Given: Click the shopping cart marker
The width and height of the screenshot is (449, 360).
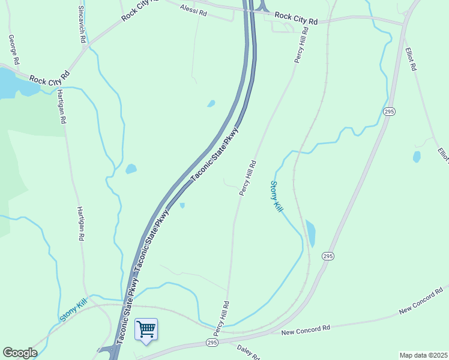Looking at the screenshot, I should (146, 329).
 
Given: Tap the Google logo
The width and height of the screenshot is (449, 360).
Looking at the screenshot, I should (20, 353).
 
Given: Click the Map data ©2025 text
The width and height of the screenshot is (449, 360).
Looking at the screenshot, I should (423, 355).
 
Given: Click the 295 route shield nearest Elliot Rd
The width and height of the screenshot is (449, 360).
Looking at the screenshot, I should (389, 112).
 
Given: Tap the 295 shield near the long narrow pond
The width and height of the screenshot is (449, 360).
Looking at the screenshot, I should (327, 255).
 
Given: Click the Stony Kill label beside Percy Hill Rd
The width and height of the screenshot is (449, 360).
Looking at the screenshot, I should (276, 196).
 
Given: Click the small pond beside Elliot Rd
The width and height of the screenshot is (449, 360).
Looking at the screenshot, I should (417, 157).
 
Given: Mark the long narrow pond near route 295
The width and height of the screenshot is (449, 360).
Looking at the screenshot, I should (310, 233).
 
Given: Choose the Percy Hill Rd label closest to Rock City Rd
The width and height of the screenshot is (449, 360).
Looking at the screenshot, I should (301, 44).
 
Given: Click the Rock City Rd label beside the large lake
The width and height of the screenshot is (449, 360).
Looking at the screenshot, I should (49, 78).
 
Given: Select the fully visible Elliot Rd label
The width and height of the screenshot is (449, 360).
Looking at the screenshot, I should (411, 59).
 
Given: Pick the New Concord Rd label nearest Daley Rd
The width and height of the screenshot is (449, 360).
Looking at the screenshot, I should (306, 329).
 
